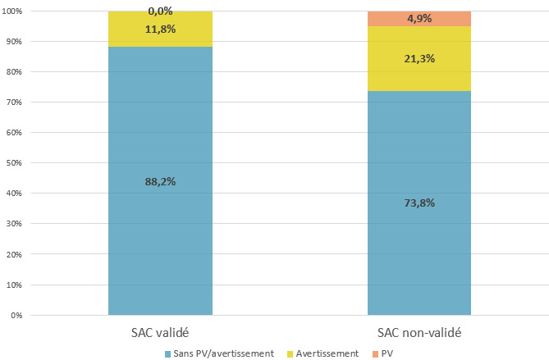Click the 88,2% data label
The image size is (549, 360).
click(160, 181)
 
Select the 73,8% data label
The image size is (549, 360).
click(419, 203)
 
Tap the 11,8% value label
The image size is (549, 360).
click(160, 29)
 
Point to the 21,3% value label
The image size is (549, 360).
click(419, 58)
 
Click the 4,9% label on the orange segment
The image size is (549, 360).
click(419, 18)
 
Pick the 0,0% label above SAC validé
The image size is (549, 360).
click(160, 11)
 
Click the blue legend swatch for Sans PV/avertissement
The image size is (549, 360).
click(169, 353)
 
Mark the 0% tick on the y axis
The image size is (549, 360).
click(17, 315)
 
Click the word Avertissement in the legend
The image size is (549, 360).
click(328, 353)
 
